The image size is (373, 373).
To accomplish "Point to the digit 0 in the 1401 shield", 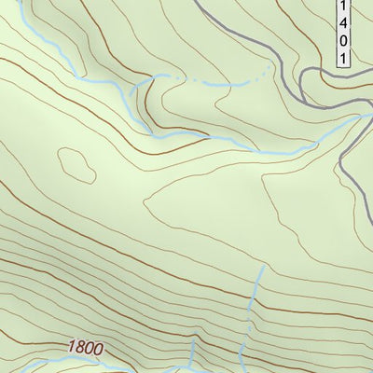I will [x=343, y=42].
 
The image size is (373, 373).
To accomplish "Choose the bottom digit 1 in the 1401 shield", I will [x=343, y=58].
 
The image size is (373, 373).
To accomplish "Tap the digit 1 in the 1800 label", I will [x=71, y=346].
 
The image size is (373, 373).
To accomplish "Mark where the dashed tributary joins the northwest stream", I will [x=149, y=82].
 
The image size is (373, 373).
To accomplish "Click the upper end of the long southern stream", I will [x=262, y=268].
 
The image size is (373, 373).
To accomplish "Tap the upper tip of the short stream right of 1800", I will [x=193, y=341].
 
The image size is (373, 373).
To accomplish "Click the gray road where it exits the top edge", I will [x=198, y=2].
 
